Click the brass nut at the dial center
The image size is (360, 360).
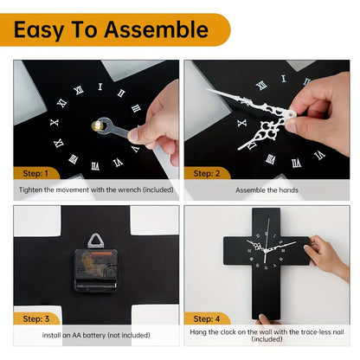pos(95,126)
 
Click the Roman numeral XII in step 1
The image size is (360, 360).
pos(100,87)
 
